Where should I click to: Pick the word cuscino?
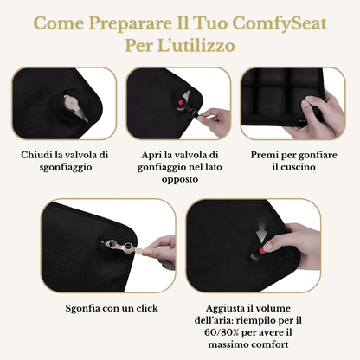click(x=295, y=167)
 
